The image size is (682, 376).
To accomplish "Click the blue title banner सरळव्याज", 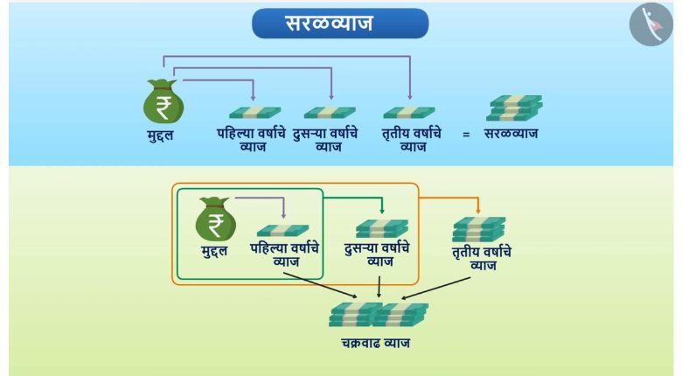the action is [340, 23].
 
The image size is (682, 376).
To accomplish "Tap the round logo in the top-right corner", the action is [651, 24].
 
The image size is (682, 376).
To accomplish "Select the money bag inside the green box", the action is [215, 219].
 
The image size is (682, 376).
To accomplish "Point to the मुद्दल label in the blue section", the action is [161, 135].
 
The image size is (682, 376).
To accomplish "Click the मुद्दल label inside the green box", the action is [214, 251].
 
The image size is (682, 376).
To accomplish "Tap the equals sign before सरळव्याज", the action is [466, 135].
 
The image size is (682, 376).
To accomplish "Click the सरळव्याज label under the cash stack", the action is [511, 133].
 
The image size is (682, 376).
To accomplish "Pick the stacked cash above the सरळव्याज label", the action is [514, 108].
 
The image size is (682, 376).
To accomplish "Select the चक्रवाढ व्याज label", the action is [375, 343].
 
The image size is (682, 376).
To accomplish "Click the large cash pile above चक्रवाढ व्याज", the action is [379, 315].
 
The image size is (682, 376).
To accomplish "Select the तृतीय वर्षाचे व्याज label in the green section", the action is [482, 259].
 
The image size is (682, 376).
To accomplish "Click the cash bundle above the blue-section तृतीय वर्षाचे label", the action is [409, 113].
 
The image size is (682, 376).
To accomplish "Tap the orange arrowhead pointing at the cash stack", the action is [478, 211].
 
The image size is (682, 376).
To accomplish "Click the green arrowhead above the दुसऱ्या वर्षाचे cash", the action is [382, 211].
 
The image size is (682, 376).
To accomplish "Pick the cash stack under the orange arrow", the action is [479, 229].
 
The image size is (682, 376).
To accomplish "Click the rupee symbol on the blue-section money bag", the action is [164, 108].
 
